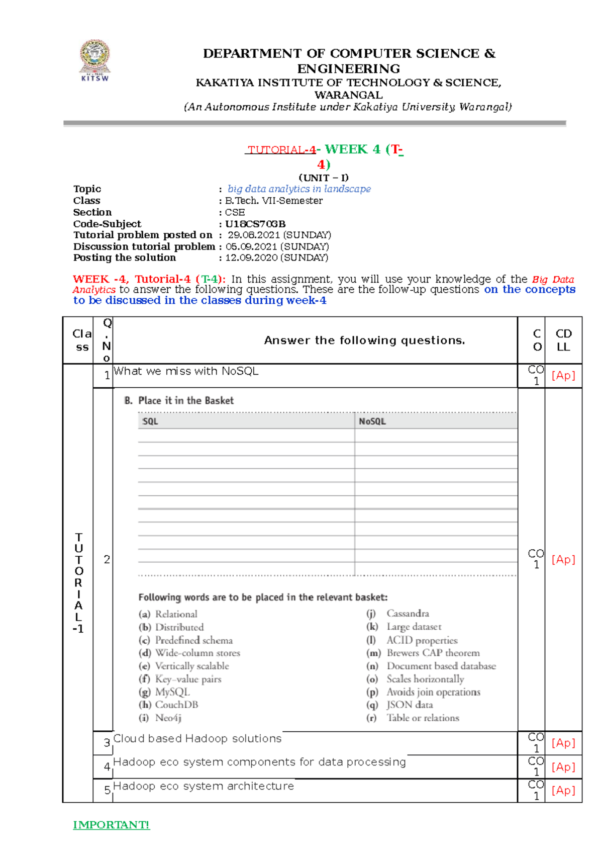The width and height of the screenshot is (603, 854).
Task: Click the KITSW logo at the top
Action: point(95,60)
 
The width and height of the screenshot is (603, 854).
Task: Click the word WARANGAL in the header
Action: point(348,95)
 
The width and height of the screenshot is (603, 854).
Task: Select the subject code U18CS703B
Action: point(255,224)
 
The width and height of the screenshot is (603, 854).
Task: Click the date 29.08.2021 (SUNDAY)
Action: point(279,235)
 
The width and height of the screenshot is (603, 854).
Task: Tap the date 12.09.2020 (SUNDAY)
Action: point(276,258)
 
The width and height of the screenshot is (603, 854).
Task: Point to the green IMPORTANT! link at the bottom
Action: point(111,825)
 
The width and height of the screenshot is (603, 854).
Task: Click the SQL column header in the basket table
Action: point(150,421)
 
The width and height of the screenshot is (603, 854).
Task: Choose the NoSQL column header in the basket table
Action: point(372,421)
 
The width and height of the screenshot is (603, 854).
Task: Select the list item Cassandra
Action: point(408,613)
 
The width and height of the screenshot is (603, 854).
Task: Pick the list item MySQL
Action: point(172,692)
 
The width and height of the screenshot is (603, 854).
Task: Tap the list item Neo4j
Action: point(168,718)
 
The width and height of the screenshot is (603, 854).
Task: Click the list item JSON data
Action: point(410,705)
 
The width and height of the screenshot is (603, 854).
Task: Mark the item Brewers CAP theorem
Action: point(433,653)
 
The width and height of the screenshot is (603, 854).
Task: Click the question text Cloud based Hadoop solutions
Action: point(197,738)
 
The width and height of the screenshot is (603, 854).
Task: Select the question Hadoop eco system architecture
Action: point(204,786)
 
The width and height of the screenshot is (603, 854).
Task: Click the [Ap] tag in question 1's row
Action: point(563,375)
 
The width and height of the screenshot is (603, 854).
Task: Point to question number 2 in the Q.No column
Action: point(107,559)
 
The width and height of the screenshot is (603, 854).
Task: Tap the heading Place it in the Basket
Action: point(185,400)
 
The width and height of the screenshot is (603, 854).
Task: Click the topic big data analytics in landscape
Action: point(299,189)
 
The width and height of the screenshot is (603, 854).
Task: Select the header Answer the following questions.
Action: point(364,340)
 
